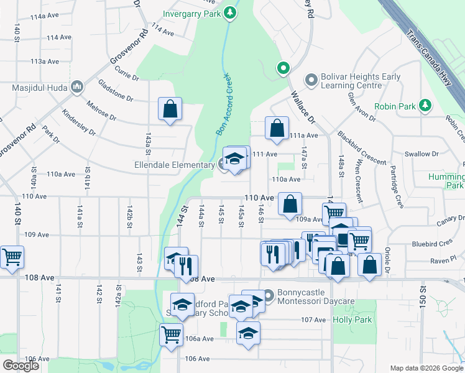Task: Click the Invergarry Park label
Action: [x=192, y=13]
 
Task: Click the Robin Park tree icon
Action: [x=425, y=106]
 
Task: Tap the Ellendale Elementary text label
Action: [x=174, y=165]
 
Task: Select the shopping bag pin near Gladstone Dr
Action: [x=170, y=109]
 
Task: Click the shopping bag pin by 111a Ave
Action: [x=277, y=128]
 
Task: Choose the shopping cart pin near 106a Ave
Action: [x=171, y=334]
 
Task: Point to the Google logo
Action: [x=21, y=366]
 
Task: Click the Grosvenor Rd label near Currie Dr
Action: [x=127, y=48]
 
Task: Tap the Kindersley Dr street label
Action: [x=79, y=122]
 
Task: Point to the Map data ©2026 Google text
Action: [x=426, y=368]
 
